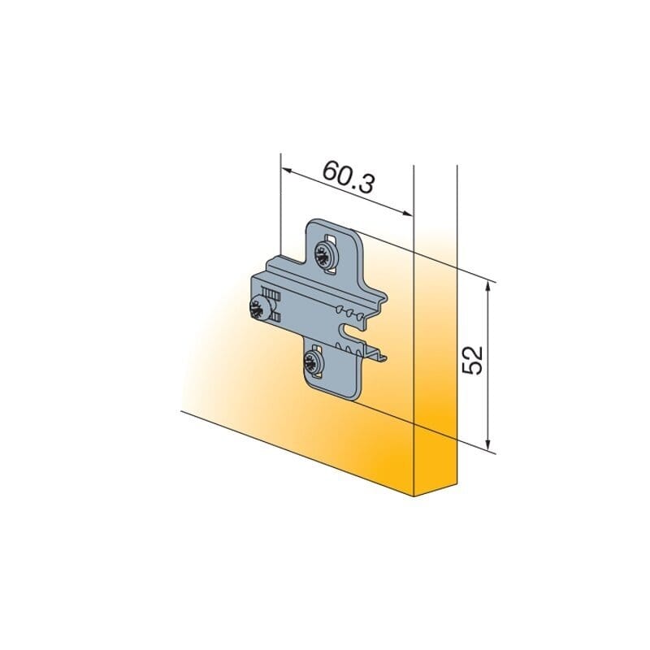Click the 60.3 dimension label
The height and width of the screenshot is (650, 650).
point(349,176)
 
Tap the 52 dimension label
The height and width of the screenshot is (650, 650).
point(473,360)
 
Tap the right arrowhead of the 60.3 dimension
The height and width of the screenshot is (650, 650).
point(407,213)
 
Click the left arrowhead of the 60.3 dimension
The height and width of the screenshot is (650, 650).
point(288,170)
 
